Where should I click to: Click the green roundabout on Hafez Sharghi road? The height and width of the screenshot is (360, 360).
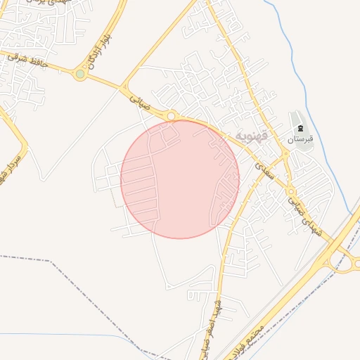(x=80, y=73)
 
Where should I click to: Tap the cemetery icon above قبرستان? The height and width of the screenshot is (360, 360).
(x=300, y=128)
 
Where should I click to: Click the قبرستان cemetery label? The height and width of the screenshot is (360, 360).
(x=300, y=139)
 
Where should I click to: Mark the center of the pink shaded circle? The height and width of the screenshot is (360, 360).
(x=180, y=179)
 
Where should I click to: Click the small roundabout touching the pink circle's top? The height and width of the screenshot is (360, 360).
(x=171, y=115)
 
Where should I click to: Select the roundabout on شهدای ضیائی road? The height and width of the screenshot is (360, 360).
(x=290, y=191)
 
